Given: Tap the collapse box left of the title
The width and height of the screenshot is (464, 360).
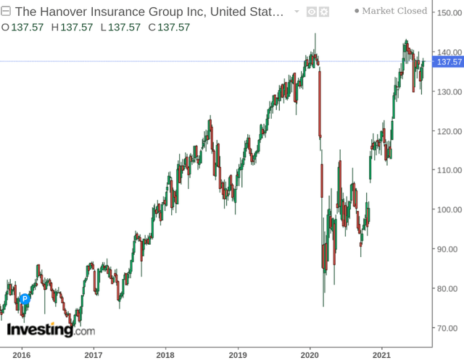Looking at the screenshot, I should tap(7, 12).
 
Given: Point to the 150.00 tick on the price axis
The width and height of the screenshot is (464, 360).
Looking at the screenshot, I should tap(447, 13).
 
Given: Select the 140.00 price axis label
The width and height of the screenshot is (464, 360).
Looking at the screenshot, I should tap(447, 52).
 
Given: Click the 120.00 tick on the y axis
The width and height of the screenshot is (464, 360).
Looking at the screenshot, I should tap(447, 131).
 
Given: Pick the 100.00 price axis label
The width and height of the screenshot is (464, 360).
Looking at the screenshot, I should tap(447, 210).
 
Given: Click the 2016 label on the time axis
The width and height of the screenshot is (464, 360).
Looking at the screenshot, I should tap(21, 355).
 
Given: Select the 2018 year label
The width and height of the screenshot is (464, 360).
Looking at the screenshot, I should tap(165, 355).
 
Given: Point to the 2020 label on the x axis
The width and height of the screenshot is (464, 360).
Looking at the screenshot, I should tap(310, 355).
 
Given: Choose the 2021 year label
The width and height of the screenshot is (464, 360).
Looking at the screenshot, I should tap(382, 355).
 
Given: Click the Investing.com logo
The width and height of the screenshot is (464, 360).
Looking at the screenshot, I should tap(50, 330).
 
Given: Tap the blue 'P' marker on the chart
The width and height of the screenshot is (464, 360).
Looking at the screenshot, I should tap(25, 298).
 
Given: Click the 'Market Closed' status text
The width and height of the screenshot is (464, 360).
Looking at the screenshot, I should tap(394, 11).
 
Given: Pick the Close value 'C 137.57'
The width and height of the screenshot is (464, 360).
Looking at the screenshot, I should tap(169, 27).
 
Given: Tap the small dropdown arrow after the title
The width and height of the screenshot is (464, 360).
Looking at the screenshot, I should tap(297, 12).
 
